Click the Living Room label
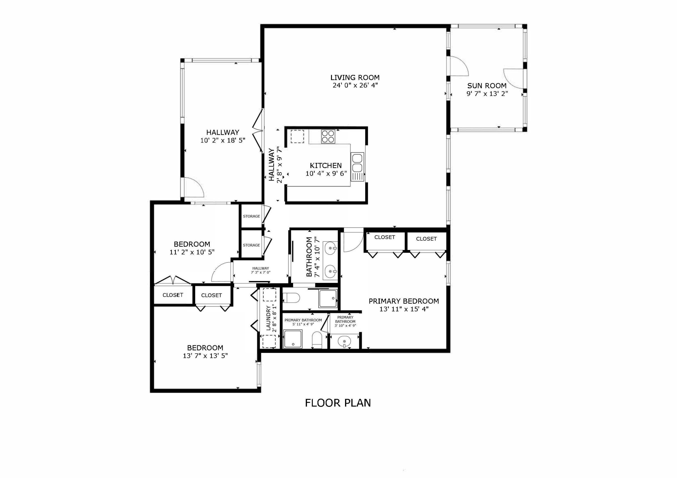[355, 78]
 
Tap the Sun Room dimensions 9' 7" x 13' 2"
[487, 94]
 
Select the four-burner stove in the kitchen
[328, 137]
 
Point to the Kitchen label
[326, 165]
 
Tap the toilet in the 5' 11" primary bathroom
[317, 339]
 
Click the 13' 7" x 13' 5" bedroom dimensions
[205, 356]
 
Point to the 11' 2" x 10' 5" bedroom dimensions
[192, 252]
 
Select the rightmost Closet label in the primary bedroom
[426, 239]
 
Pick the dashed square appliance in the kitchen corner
[297, 136]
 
